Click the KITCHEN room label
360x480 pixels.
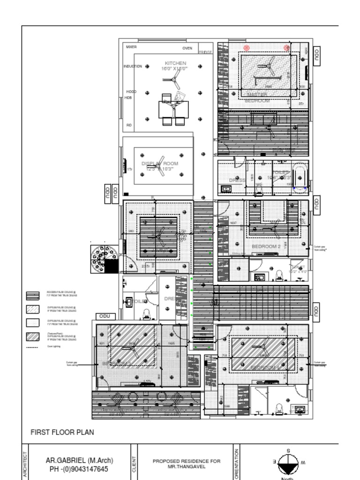tap(175, 63)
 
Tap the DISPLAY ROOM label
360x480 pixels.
tap(159, 164)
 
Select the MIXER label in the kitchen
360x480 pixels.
tap(131, 47)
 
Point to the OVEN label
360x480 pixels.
tap(187, 48)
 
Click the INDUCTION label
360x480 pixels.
tap(133, 67)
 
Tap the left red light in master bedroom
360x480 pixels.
tap(247, 47)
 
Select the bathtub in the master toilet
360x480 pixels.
tap(300, 177)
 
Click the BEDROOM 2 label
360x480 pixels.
tap(266, 246)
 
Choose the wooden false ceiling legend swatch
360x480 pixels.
tap(33, 296)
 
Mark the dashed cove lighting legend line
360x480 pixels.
tap(32, 347)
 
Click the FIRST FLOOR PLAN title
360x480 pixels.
tap(62, 432)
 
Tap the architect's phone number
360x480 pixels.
tap(79, 469)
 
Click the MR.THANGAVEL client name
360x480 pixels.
tap(187, 467)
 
